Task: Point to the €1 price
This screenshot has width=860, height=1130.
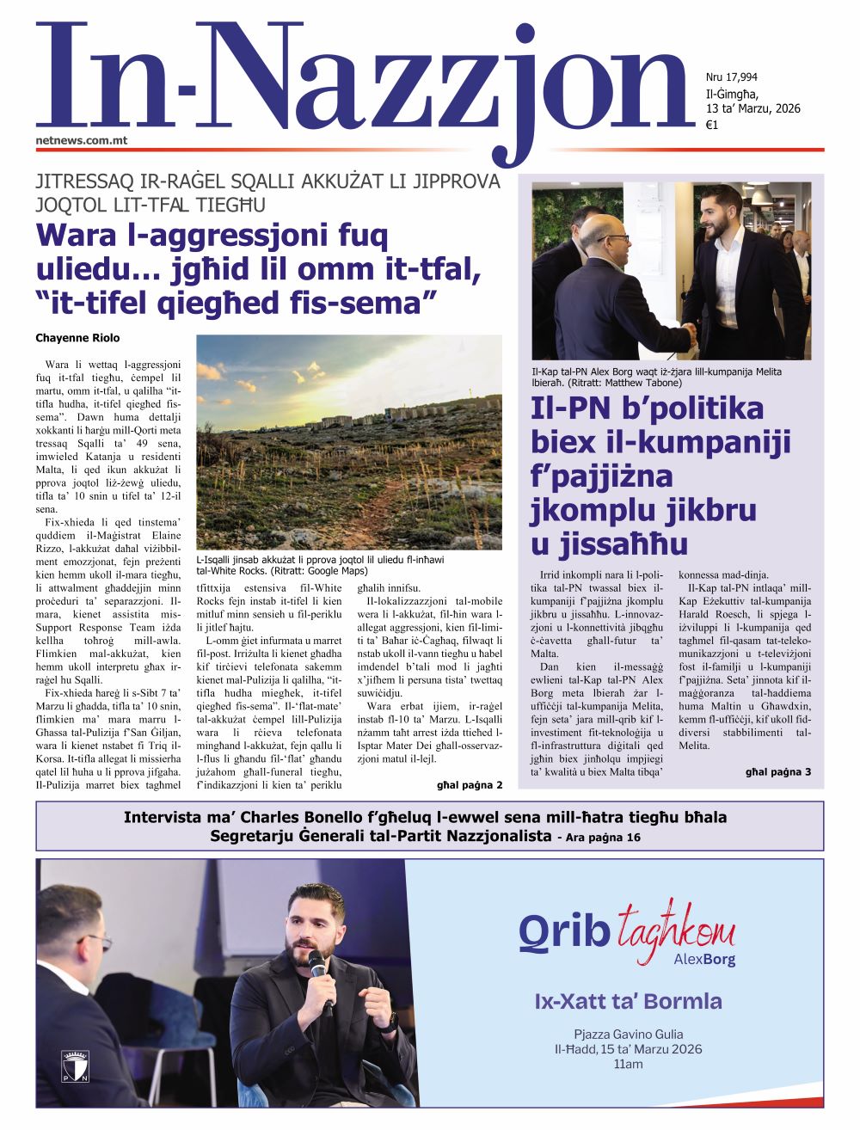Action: (712, 125)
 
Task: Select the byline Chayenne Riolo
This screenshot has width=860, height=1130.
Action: (77, 338)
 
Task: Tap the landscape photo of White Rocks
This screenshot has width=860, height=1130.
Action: (349, 442)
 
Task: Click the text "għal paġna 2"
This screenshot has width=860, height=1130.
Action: (470, 784)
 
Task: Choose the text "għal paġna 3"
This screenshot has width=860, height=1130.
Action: (777, 771)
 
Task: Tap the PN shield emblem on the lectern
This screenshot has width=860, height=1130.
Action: (76, 1066)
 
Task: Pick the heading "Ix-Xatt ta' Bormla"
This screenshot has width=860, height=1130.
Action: (628, 1001)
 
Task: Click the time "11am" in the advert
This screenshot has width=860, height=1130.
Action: (628, 1064)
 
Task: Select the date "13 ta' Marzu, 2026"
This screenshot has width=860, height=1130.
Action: (752, 108)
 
